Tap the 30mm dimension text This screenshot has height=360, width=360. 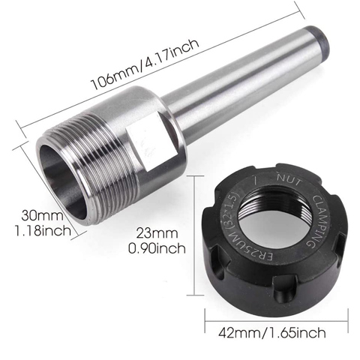43,215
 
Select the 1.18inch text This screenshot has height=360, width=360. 43,231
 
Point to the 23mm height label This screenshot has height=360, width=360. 157,233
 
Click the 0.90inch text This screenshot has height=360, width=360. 157,248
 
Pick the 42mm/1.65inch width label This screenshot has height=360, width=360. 272,332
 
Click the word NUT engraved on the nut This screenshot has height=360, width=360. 289,181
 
